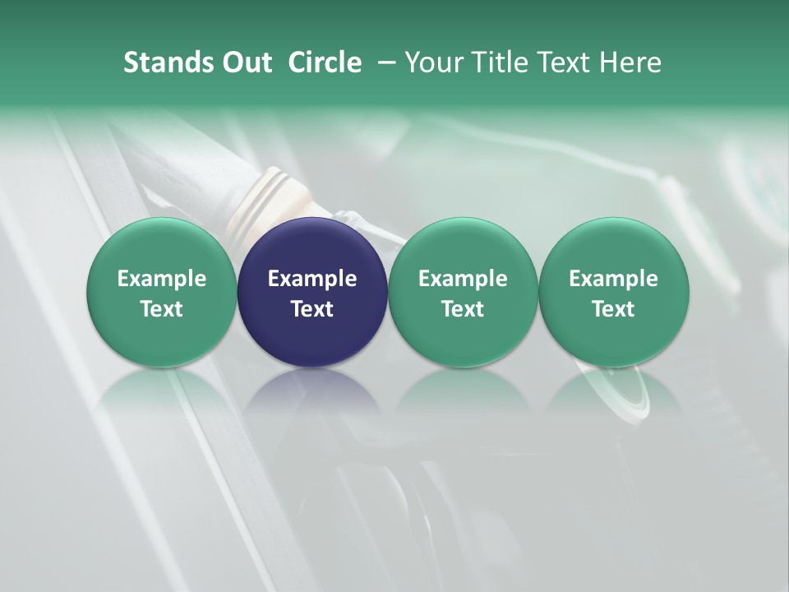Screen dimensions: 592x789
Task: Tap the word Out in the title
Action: point(244,62)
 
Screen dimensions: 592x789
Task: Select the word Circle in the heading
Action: point(325,62)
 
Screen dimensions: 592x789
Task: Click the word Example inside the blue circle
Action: point(312,279)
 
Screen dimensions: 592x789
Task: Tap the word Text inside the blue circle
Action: point(312,309)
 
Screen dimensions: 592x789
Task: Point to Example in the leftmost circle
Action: point(161,279)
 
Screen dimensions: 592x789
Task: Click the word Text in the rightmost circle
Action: point(613,309)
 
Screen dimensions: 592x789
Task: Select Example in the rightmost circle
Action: point(613,279)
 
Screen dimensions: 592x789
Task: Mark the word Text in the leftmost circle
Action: point(161,309)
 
